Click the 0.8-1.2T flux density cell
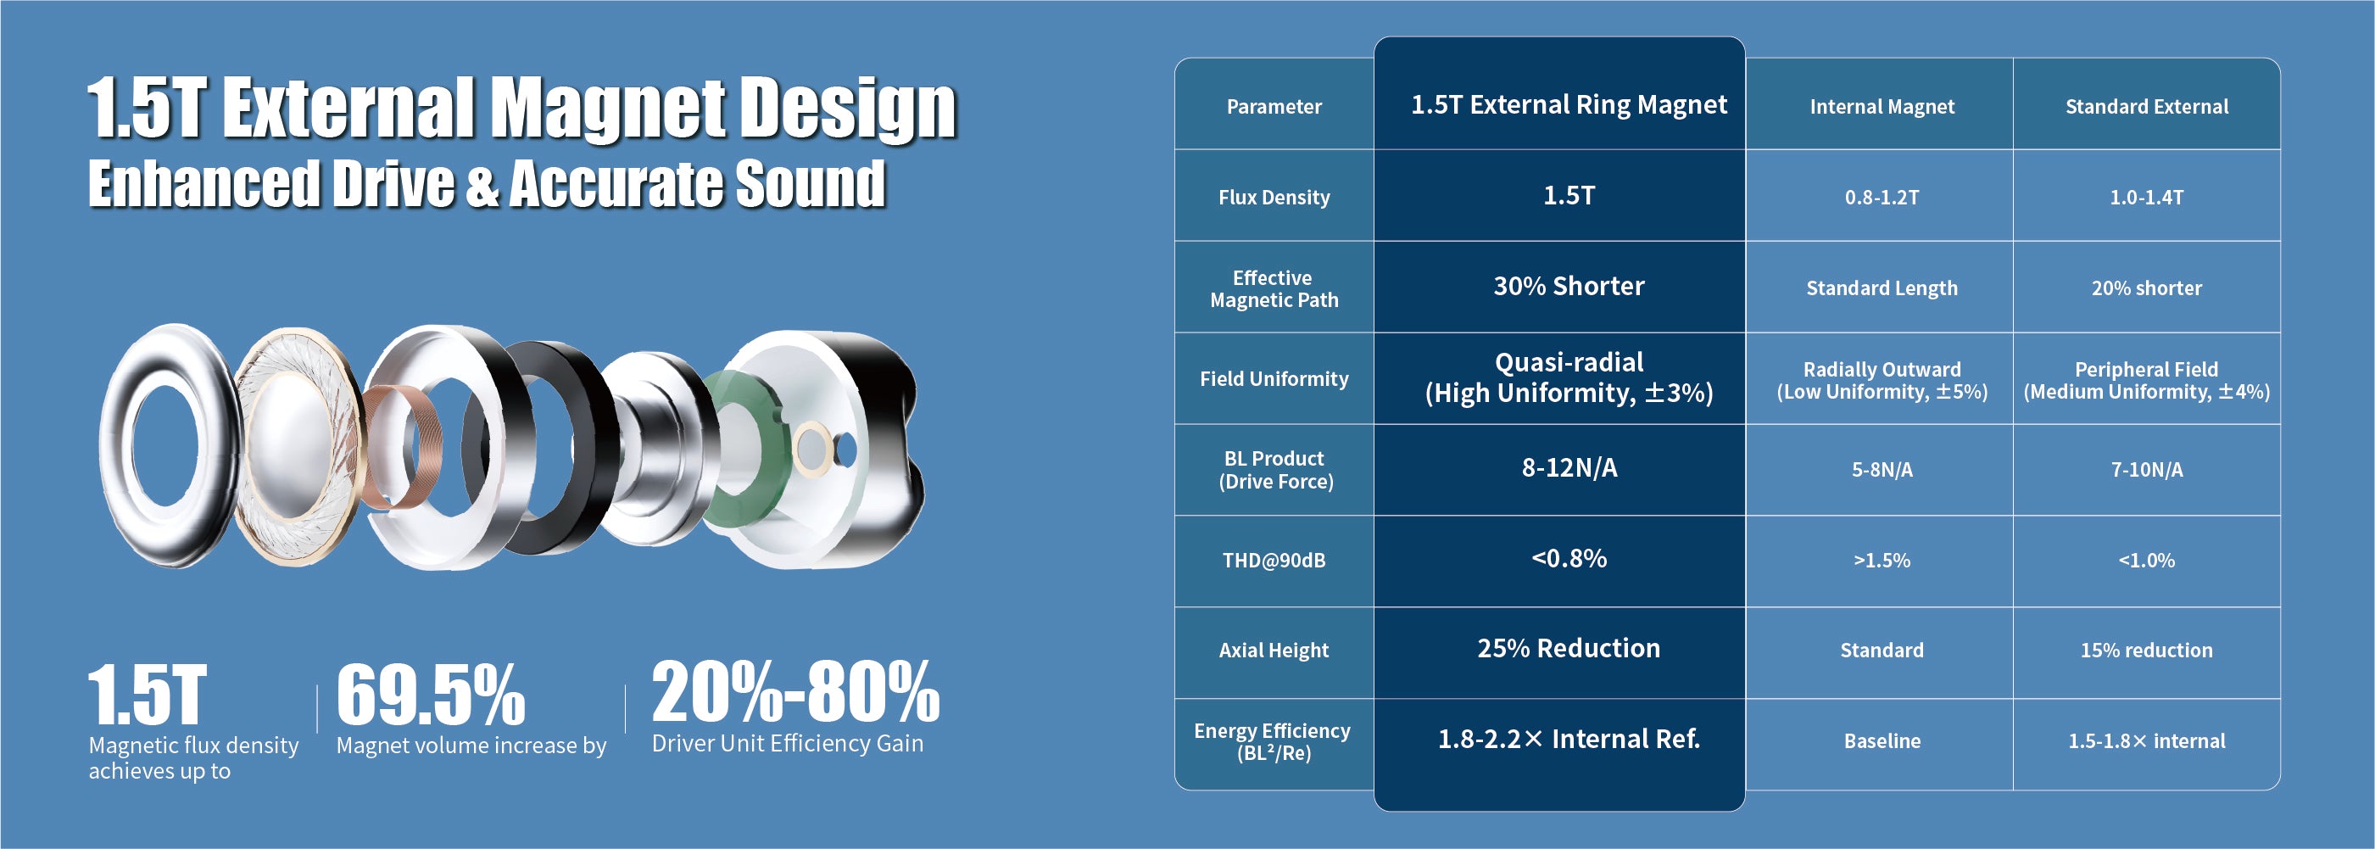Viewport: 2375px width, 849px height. pos(1881,198)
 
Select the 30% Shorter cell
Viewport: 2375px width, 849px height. pos(1569,287)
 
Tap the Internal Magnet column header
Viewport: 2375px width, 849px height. pos(1881,107)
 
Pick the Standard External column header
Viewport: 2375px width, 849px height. pos(2146,107)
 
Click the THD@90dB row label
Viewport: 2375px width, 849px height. pos(1274,561)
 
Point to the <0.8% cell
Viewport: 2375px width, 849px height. pos(1569,559)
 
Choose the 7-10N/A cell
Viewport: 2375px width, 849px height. pos(2146,470)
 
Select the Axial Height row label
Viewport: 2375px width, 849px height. pos(1274,651)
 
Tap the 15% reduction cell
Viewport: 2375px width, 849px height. pos(2146,651)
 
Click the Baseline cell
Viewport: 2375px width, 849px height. pos(1881,741)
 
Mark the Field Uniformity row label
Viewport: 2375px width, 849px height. pos(1274,379)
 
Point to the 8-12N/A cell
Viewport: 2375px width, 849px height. pos(1569,468)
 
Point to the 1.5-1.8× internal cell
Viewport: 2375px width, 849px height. pos(2146,741)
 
